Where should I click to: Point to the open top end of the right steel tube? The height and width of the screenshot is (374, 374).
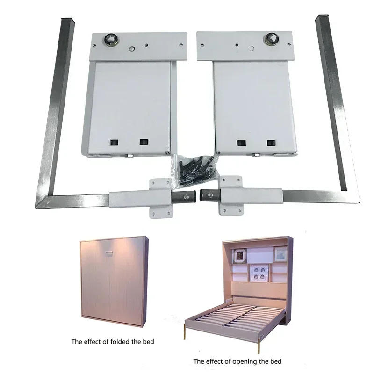[x=322, y=20]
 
